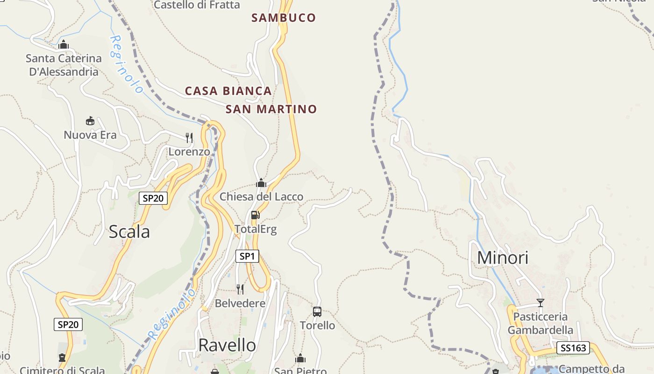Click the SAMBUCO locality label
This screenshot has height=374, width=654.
[284, 18]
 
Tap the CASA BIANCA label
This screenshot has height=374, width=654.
[228, 91]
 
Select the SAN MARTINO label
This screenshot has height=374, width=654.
[271, 109]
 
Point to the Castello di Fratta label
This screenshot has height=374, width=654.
[197, 5]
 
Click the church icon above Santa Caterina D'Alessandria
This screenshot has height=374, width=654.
[64, 45]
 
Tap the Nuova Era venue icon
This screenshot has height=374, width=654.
[90, 121]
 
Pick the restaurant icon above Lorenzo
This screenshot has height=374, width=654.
[189, 137]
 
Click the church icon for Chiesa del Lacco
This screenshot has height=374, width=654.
[261, 183]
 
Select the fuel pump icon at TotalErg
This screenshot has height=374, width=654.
[255, 215]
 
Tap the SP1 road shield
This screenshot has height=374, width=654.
[247, 256]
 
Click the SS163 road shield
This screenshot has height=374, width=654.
[573, 348]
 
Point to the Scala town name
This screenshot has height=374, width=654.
[129, 232]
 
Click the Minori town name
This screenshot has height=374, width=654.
[503, 258]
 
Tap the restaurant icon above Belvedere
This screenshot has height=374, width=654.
[240, 289]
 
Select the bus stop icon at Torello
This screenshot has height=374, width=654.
[317, 311]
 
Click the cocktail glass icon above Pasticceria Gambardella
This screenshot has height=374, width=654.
[540, 303]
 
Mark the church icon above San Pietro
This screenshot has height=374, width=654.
[300, 359]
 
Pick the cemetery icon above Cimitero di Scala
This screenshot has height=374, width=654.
[62, 358]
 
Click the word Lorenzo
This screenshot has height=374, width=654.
[189, 152]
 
